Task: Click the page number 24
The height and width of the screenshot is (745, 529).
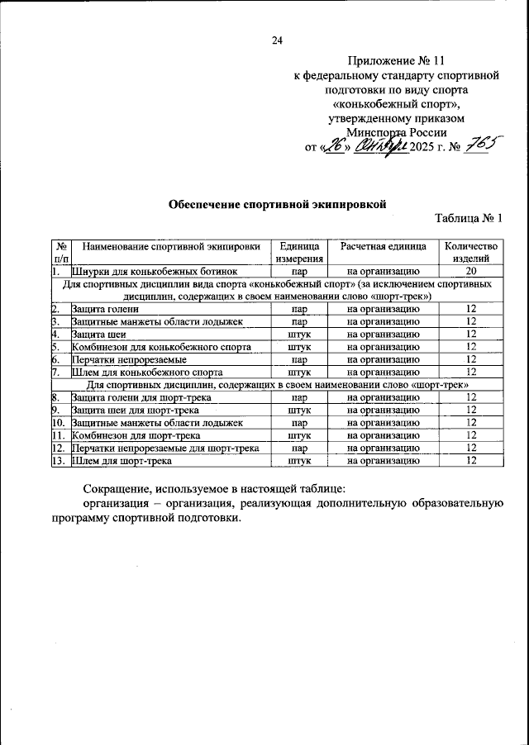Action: click(x=277, y=40)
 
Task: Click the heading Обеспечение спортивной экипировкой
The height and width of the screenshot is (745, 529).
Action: click(x=278, y=202)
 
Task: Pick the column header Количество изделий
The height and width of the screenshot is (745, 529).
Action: click(x=471, y=252)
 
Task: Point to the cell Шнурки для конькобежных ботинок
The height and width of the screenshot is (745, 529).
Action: click(x=155, y=271)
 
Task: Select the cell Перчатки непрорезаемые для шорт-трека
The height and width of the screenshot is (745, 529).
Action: click(x=166, y=448)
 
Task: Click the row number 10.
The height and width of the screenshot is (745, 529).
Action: click(x=58, y=422)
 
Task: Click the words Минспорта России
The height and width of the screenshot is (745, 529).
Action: click(x=397, y=132)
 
